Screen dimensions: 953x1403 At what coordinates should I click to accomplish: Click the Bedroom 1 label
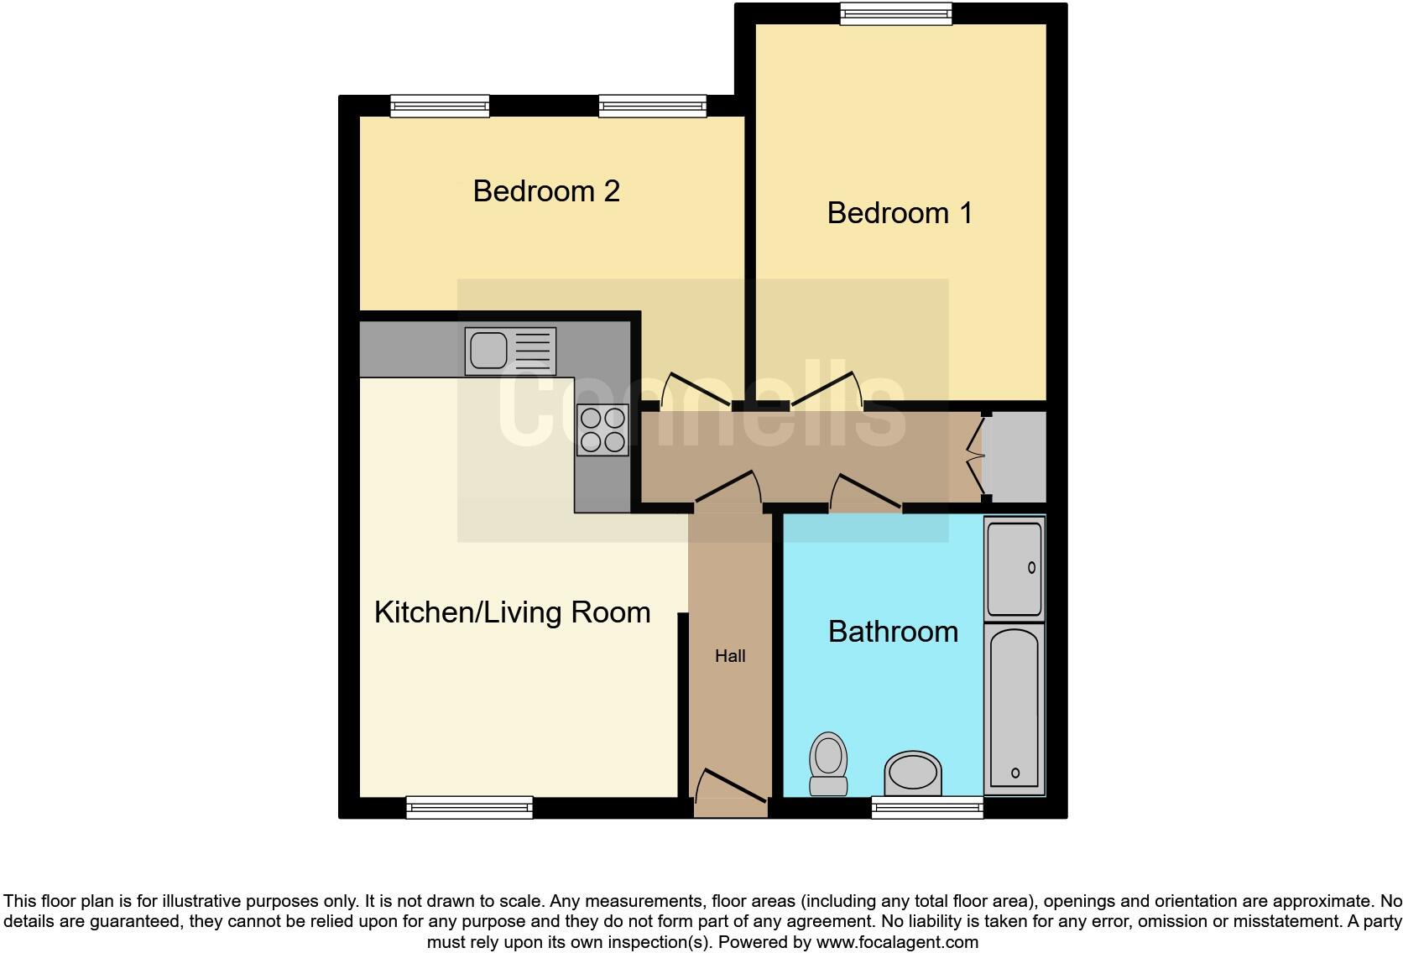tap(900, 213)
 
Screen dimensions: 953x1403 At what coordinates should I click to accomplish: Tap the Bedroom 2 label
tap(546, 191)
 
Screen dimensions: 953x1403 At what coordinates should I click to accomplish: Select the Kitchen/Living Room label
tap(512, 612)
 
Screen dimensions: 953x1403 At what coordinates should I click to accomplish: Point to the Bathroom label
tap(893, 632)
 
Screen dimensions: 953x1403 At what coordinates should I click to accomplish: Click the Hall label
tap(730, 656)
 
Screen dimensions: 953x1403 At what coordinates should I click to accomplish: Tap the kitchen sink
tap(510, 351)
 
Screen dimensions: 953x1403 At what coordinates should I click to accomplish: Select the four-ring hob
tap(602, 430)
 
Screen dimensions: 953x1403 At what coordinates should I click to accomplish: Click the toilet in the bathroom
tap(828, 763)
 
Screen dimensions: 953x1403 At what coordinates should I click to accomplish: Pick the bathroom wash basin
tap(913, 773)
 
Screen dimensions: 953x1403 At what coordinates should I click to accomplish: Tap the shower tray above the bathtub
tap(1014, 568)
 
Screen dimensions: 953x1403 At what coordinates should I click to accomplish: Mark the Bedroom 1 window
tap(896, 13)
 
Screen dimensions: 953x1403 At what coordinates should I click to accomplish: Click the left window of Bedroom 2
tap(440, 106)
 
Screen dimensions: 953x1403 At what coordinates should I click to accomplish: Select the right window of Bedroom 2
tap(653, 106)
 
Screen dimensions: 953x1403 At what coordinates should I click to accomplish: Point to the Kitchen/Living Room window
tap(469, 807)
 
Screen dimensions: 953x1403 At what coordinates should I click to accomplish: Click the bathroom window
tap(927, 807)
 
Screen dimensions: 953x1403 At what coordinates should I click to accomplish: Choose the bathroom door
tap(866, 493)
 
